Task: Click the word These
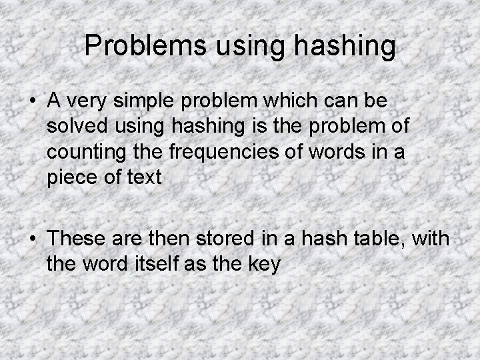81,238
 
